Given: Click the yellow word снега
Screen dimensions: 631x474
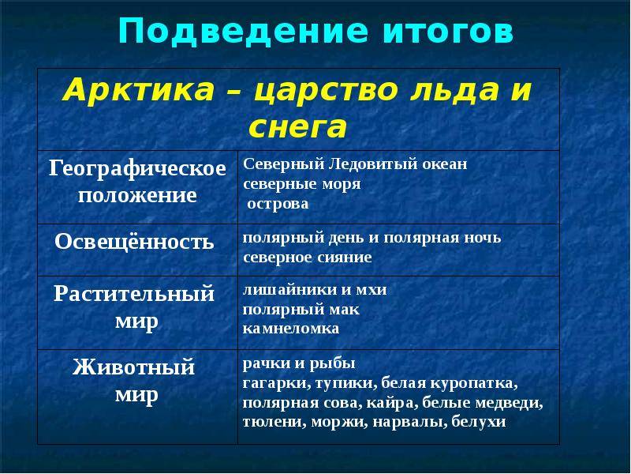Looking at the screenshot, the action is pyautogui.click(x=298, y=127).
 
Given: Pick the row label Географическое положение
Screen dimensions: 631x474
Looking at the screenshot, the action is pyautogui.click(x=137, y=181).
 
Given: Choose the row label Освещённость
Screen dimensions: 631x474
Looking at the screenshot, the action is pyautogui.click(x=134, y=242).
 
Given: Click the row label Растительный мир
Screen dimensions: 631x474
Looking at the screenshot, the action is pyautogui.click(x=134, y=307).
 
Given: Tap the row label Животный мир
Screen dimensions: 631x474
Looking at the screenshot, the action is pyautogui.click(x=134, y=380).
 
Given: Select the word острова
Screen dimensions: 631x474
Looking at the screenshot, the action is pyautogui.click(x=278, y=204).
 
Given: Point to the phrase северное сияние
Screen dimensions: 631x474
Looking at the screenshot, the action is pyautogui.click(x=308, y=258).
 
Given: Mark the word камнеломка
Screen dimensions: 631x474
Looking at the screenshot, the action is pyautogui.click(x=291, y=329).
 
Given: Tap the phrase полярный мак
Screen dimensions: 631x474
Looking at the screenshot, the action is pyautogui.click(x=301, y=310).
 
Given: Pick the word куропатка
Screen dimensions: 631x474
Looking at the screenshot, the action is pyautogui.click(x=474, y=383).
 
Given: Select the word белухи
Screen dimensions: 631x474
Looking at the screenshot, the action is pyautogui.click(x=479, y=422).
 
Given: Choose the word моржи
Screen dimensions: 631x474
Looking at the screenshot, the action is pyautogui.click(x=340, y=422).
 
